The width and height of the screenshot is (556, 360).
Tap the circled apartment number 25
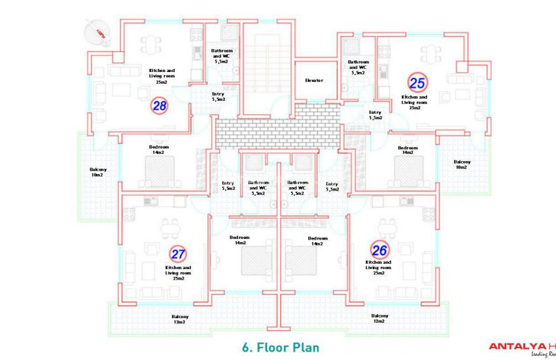(x=417, y=82)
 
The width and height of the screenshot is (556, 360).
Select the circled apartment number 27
(x=177, y=254)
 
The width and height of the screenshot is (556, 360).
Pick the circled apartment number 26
(x=379, y=249)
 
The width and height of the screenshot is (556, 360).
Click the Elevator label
(x=315, y=81)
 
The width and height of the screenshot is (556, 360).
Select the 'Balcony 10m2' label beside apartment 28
(x=98, y=173)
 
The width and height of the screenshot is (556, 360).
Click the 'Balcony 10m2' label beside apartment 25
(x=461, y=164)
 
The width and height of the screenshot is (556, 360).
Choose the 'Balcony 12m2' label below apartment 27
(x=180, y=318)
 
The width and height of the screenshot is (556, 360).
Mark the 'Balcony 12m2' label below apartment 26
(x=379, y=318)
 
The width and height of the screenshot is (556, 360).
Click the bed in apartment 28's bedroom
(x=160, y=174)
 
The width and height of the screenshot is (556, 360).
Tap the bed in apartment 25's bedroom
(x=408, y=173)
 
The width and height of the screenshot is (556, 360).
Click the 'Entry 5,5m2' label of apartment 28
(x=218, y=97)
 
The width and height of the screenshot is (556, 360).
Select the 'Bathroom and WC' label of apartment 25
(x=358, y=67)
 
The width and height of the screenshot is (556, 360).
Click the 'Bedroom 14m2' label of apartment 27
(x=240, y=240)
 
